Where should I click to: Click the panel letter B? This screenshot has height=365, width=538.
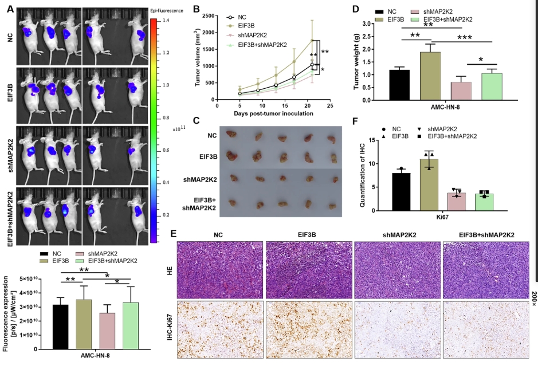click(197, 10)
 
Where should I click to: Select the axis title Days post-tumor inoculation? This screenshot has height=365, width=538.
click(273, 113)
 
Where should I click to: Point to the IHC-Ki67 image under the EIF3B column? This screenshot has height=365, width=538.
click(309, 332)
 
